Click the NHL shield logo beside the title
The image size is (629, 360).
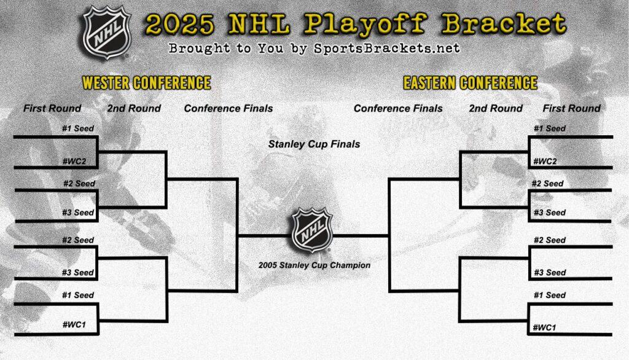click(106, 33)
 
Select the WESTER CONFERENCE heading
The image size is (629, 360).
click(146, 83)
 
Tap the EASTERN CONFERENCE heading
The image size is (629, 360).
click(470, 83)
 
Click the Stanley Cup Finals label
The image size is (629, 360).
click(314, 144)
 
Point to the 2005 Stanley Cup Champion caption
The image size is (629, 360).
click(314, 265)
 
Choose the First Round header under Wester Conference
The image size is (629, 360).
click(52, 109)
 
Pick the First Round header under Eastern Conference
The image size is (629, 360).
click(571, 109)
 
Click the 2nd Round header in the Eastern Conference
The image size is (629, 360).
click(496, 109)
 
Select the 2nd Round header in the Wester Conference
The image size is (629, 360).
click(134, 109)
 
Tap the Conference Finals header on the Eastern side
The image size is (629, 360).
click(398, 109)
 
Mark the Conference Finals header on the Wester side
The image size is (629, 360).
click(229, 109)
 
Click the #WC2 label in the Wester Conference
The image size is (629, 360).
click(78, 161)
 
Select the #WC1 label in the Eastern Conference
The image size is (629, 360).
click(545, 327)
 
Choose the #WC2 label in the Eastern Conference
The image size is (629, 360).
click(545, 161)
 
